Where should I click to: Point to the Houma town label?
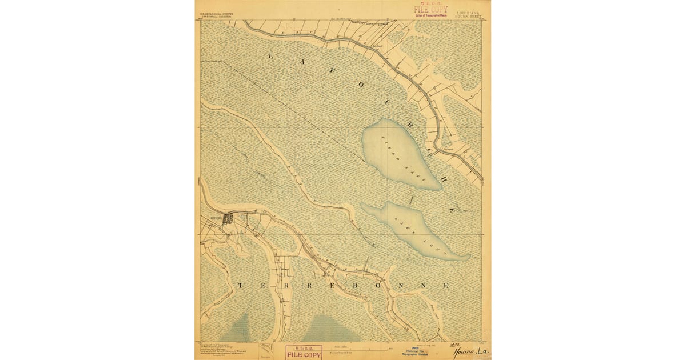[216, 218]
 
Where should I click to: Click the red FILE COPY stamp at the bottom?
[304, 352]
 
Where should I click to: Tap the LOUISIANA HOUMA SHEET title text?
[468, 14]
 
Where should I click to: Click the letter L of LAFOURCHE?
[271, 55]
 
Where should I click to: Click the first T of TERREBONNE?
[240, 285]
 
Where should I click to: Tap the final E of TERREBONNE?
[446, 285]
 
